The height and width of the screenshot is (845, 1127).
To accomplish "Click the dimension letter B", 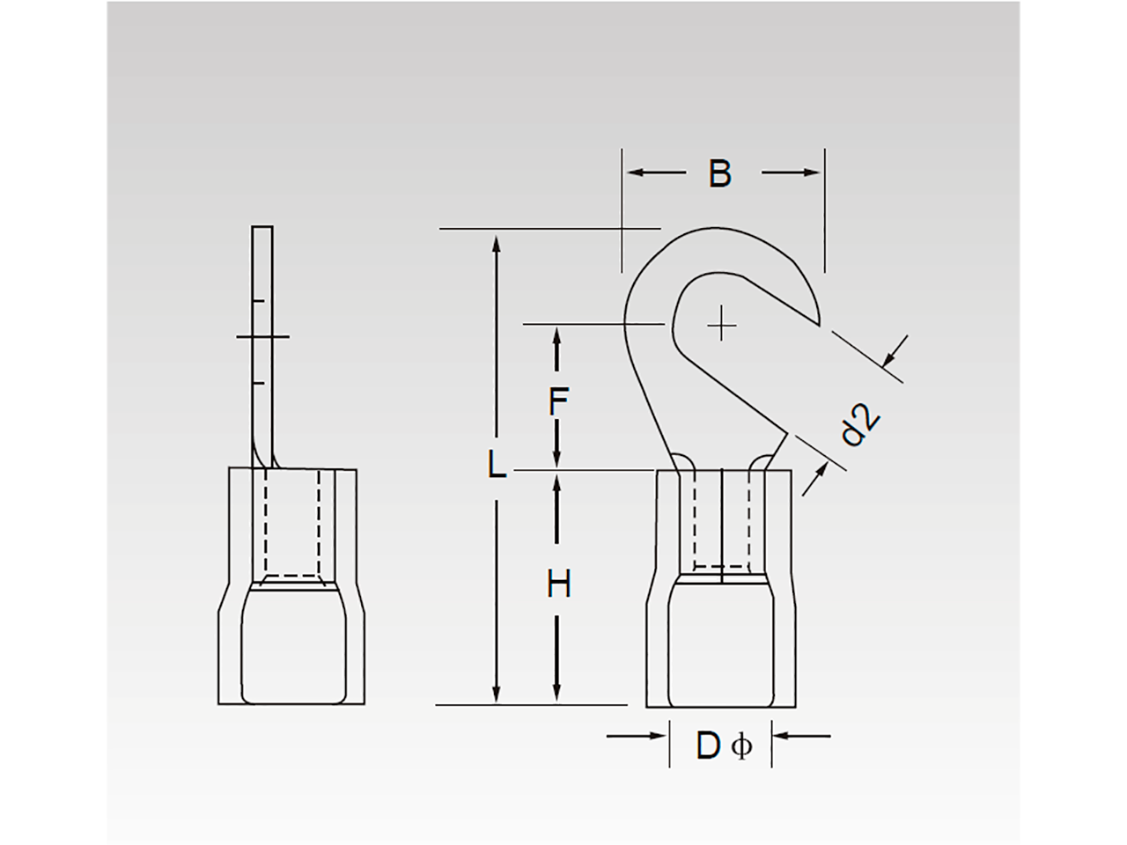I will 719,174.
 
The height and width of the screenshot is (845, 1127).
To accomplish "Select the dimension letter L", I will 497,465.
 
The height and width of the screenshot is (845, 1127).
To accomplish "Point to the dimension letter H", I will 558,584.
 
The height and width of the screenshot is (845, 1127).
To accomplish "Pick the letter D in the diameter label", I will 708,746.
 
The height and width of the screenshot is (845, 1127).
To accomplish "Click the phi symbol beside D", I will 741,746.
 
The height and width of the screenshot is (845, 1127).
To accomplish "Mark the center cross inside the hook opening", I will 722,325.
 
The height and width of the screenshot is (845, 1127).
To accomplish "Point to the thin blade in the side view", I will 262,343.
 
